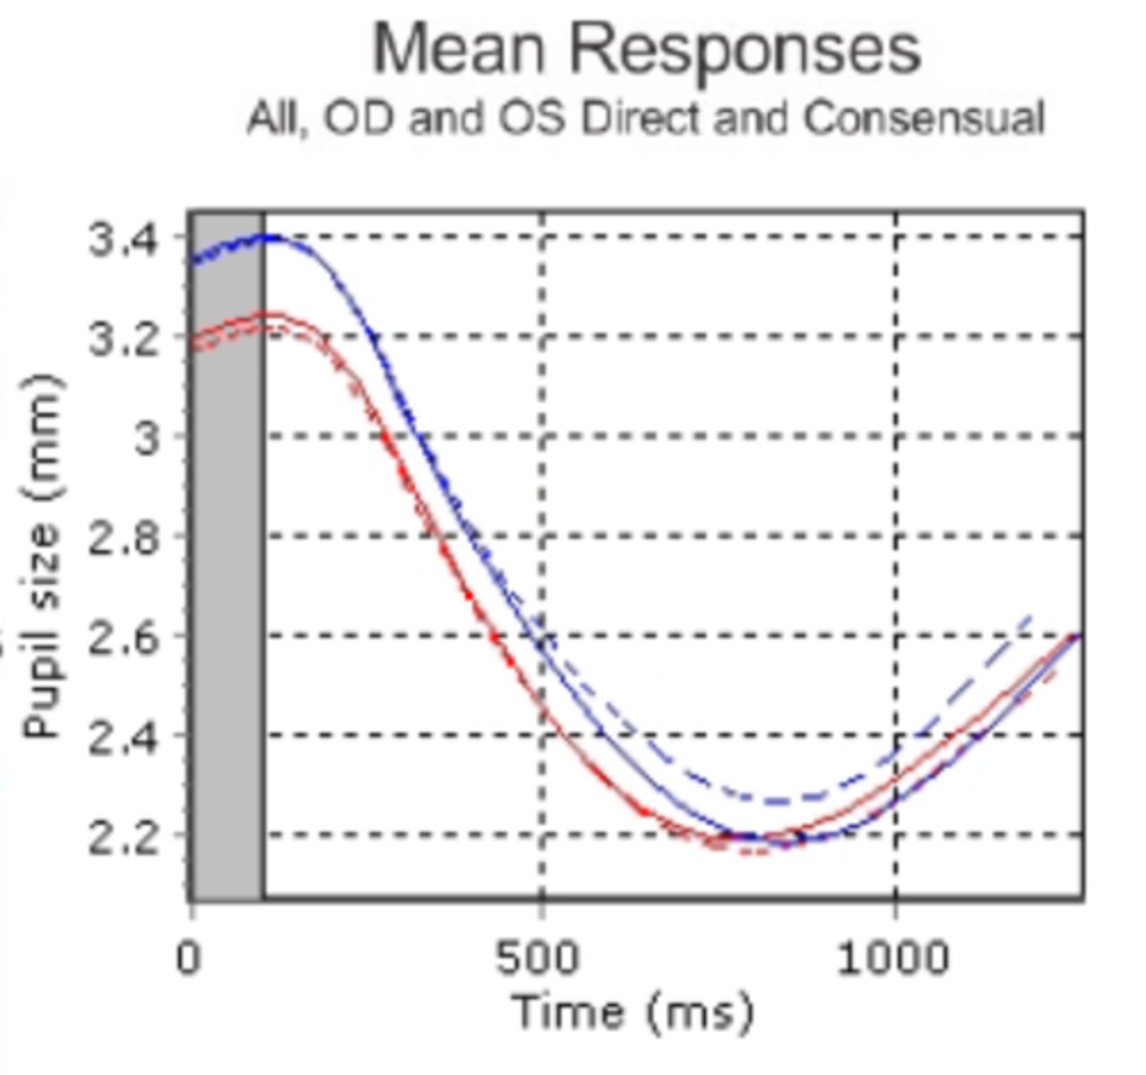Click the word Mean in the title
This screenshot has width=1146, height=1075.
click(461, 49)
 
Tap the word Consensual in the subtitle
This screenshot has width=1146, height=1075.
click(924, 119)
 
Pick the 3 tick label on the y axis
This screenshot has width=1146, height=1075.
click(149, 439)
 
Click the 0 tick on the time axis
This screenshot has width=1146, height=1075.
click(188, 958)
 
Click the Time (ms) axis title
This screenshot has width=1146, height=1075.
click(633, 1012)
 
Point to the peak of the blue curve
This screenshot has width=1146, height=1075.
click(267, 237)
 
